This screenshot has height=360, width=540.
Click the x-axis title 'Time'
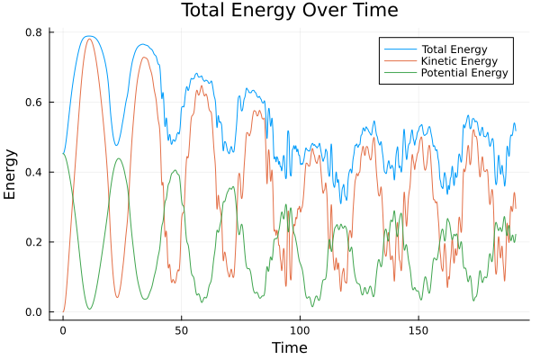[289, 347]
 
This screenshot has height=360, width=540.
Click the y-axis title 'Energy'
[11, 173]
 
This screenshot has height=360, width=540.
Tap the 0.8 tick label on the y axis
[35, 32]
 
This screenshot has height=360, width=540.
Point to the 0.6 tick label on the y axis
[35, 103]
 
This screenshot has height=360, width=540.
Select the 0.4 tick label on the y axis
[35, 173]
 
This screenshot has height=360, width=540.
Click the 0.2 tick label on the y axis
[35, 243]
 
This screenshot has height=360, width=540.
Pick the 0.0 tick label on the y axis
[35, 312]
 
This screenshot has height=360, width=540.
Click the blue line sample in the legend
[400, 48]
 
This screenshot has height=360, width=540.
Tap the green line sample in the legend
[400, 73]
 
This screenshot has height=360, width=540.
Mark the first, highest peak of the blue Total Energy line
[88, 36]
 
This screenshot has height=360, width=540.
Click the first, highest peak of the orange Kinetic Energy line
[89, 39]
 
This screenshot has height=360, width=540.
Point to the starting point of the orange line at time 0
[63, 311]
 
